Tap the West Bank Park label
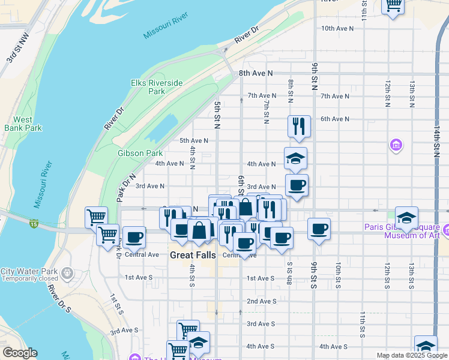point(23,124)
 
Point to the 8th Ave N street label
point(256,73)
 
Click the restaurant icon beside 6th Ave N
point(299,126)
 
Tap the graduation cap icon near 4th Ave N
point(295,158)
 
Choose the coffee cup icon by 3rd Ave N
point(296,185)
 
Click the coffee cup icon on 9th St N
point(319,228)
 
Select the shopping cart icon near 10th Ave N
point(393,6)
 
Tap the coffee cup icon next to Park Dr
point(134,237)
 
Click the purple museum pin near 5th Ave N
point(396,145)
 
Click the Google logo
point(20,353)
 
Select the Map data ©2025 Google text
point(411,355)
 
